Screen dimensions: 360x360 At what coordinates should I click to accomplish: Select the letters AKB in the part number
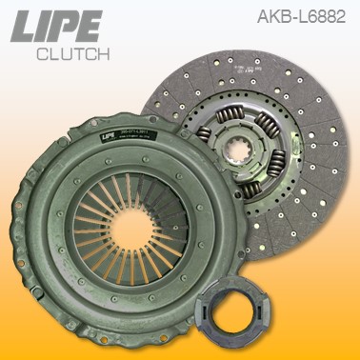(271, 16)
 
